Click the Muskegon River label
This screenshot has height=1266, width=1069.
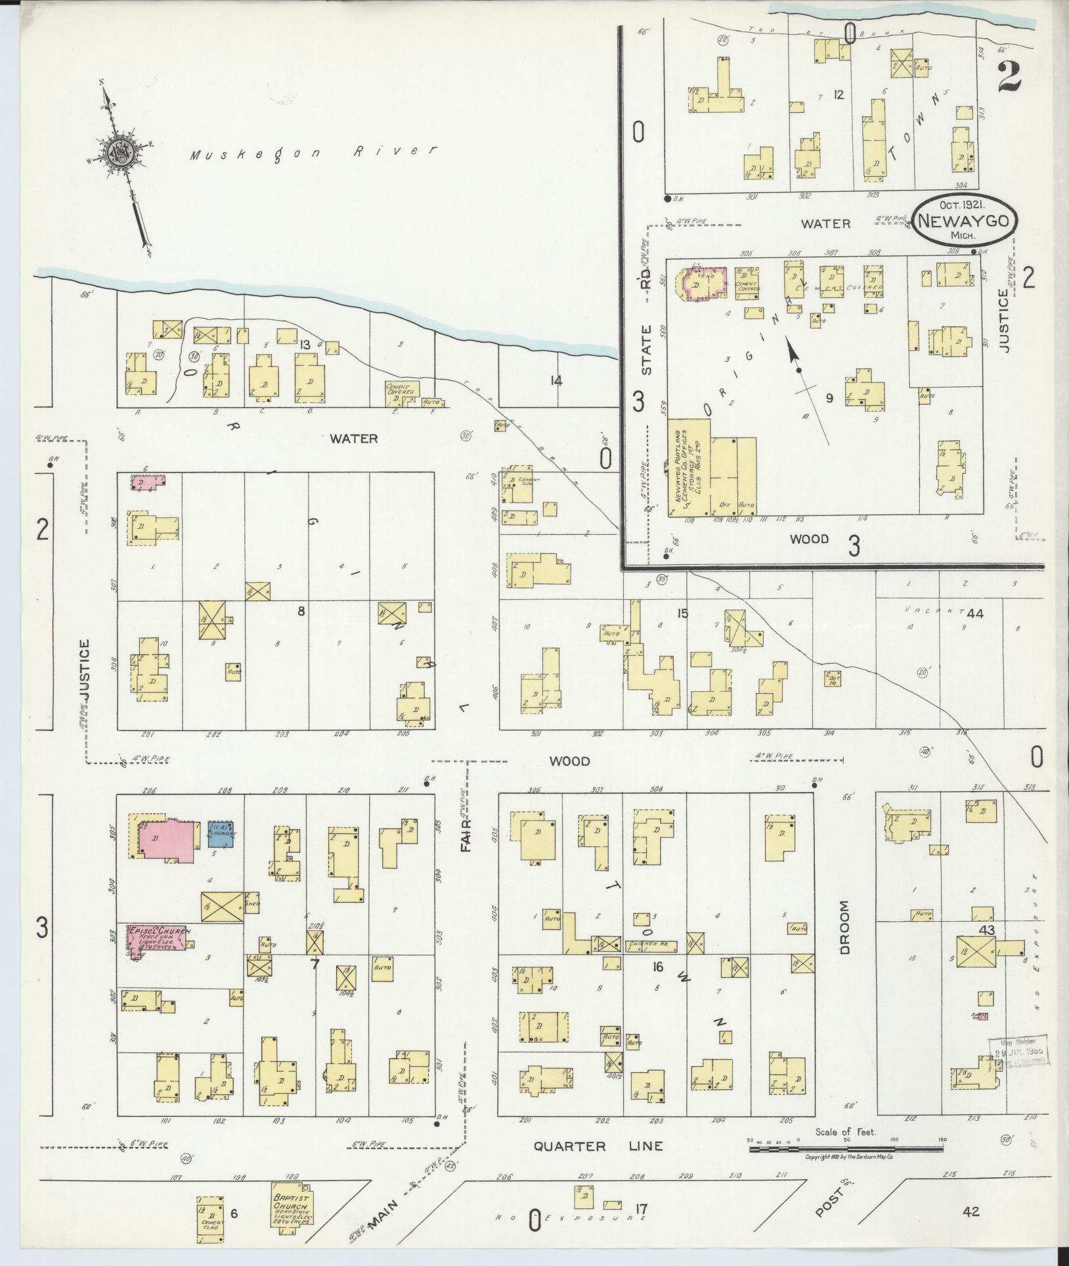pos(314,153)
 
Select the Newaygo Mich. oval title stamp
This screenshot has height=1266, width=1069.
pos(963,223)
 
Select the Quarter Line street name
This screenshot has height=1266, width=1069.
pos(598,1146)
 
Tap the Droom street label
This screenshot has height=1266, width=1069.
pos(844,927)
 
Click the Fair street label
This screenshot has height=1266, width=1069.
pos(466,835)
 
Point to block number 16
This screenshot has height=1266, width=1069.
pos(656,967)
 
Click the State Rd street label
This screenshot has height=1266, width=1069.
pos(646,328)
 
